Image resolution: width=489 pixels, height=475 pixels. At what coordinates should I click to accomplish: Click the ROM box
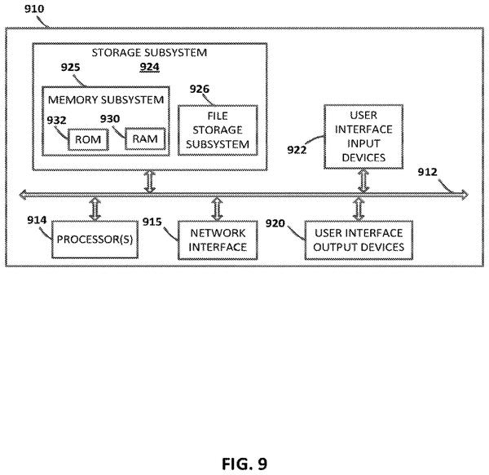click(88, 139)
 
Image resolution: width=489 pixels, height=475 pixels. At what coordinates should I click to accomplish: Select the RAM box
click(145, 139)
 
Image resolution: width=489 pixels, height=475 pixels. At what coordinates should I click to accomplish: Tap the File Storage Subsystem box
click(218, 130)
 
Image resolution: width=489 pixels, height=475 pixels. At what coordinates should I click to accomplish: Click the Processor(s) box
click(95, 240)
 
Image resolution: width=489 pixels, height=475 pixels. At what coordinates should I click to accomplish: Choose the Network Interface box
click(218, 240)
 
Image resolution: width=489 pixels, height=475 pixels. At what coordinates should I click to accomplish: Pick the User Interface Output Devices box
click(359, 240)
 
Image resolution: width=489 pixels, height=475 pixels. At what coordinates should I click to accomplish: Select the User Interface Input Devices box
click(363, 137)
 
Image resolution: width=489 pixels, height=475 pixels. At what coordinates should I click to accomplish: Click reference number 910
click(34, 9)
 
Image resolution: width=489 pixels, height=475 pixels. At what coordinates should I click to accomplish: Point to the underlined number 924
click(150, 67)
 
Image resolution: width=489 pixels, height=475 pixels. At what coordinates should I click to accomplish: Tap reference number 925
click(70, 67)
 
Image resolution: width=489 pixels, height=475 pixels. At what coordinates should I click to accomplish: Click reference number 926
click(200, 89)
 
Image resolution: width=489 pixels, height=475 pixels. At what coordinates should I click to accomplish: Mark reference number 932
click(56, 121)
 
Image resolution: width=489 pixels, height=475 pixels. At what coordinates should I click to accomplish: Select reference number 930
click(110, 119)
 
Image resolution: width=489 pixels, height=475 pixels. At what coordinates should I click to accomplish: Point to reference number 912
click(428, 172)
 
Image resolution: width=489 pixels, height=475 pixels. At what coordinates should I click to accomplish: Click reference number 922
click(297, 150)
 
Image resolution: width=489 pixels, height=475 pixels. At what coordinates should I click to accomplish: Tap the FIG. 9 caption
click(244, 464)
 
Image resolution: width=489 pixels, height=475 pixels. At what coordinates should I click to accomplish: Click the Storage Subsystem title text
click(149, 52)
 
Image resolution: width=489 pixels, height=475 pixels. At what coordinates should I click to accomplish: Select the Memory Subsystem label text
click(106, 99)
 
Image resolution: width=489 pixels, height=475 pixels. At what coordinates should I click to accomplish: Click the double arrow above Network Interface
click(217, 209)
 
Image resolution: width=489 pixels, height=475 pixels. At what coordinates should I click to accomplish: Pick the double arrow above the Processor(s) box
click(95, 209)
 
